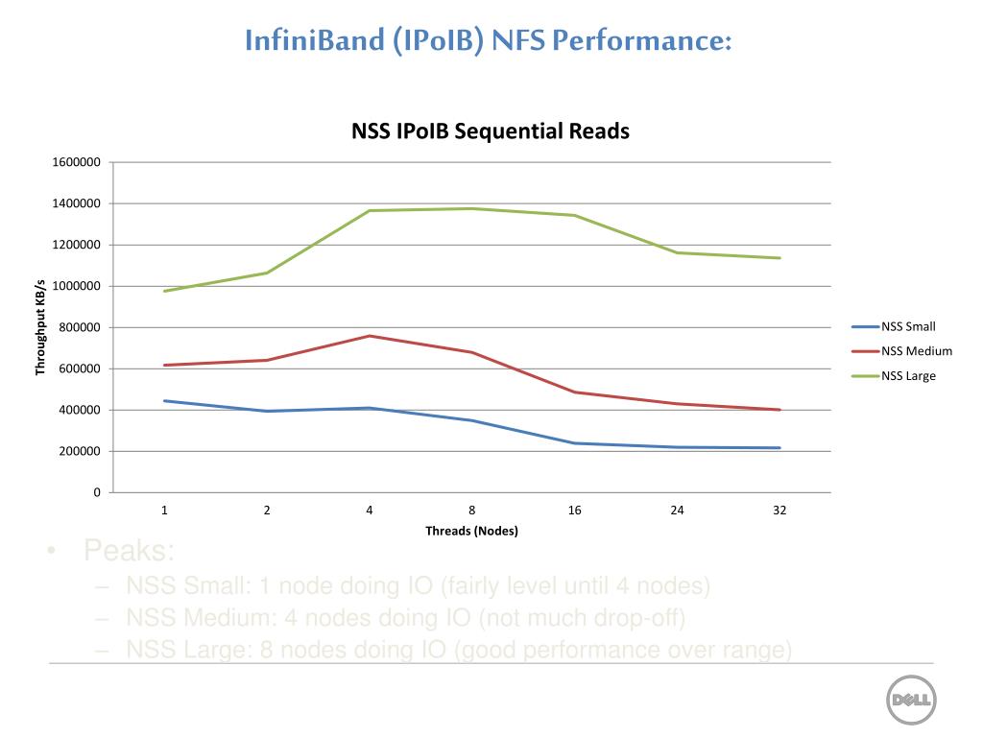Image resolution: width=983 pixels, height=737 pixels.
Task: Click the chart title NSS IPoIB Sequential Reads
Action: [x=491, y=131]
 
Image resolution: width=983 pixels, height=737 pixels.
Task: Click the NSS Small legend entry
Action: [x=908, y=326]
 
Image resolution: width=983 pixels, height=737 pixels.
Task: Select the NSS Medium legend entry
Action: [x=916, y=351]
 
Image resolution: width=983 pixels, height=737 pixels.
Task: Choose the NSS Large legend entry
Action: [x=908, y=376]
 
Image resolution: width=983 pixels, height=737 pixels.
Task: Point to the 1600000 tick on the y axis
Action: [x=77, y=162]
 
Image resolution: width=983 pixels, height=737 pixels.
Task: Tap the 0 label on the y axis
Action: [x=96, y=492]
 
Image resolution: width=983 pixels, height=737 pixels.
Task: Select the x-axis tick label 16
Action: [x=574, y=510]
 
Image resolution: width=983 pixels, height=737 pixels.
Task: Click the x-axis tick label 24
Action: [x=677, y=510]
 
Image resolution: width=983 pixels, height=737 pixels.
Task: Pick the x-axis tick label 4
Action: [x=370, y=510]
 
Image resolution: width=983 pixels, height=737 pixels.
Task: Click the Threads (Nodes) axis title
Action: [x=471, y=531]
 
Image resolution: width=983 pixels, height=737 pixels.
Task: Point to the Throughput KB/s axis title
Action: [x=41, y=326]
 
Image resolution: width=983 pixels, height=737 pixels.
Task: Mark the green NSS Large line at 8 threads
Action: [x=472, y=208]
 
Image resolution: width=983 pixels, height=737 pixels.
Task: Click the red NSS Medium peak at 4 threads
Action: [x=370, y=336]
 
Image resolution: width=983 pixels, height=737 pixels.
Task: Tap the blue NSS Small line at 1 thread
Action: [x=165, y=401]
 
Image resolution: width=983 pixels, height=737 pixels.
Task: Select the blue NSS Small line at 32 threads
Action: [x=779, y=448]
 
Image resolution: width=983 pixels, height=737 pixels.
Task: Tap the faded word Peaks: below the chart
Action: [x=129, y=552]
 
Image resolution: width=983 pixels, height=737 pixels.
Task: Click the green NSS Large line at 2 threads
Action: [x=267, y=273]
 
